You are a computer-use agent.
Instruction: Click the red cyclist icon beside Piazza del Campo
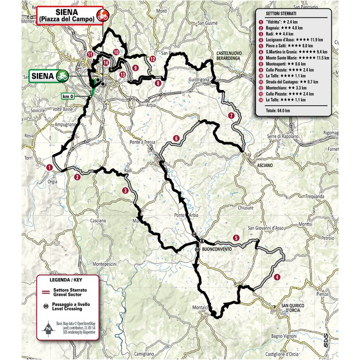click(x=102, y=16)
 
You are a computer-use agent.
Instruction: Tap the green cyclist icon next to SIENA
click(x=61, y=76)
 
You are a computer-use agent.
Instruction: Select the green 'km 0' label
click(x=67, y=96)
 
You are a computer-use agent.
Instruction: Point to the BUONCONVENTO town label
click(x=216, y=249)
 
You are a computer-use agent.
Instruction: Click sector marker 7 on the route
click(x=231, y=115)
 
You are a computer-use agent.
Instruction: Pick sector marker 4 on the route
click(x=278, y=276)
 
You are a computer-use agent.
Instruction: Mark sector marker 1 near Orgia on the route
click(x=50, y=167)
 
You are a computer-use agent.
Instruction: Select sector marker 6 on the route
click(x=176, y=138)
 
